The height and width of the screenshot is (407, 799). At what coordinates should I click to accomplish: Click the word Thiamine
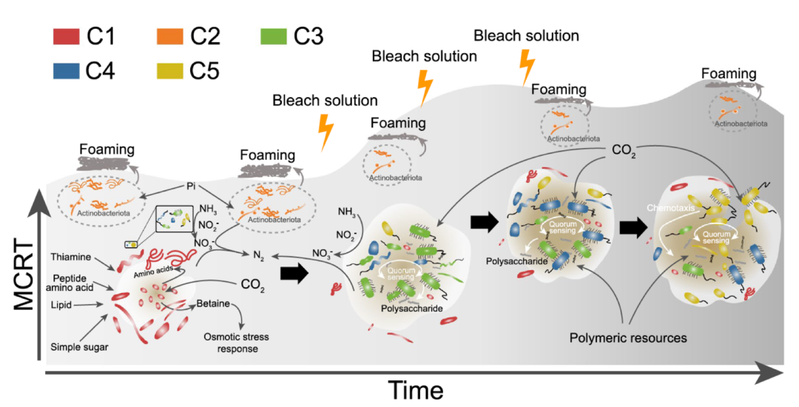click(71, 257)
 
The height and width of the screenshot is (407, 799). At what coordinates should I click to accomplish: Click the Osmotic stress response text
click(236, 343)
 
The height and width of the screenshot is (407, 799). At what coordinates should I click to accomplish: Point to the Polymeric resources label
click(629, 338)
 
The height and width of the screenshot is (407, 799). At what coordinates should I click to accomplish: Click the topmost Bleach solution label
click(526, 35)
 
